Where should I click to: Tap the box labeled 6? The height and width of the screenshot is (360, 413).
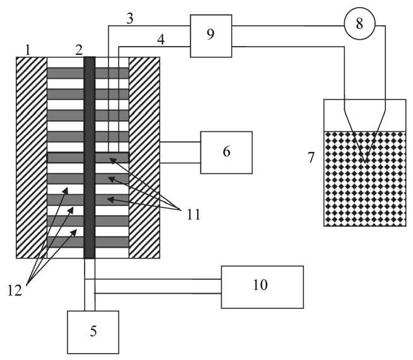(x=226, y=152)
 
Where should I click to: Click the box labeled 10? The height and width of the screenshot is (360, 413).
(x=262, y=286)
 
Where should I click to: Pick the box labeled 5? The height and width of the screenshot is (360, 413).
(x=93, y=332)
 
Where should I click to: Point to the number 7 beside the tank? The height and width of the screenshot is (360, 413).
(x=311, y=158)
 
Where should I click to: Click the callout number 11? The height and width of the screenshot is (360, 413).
(x=193, y=214)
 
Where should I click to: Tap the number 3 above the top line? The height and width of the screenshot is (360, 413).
(x=130, y=18)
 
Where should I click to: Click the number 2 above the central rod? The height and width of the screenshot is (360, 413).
(x=79, y=49)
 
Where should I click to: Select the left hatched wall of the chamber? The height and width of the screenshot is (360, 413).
(x=32, y=158)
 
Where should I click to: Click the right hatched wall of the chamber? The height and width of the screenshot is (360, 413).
(x=144, y=158)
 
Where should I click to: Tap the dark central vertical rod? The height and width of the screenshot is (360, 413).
(x=90, y=158)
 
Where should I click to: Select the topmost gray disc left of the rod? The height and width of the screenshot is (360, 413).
(x=66, y=73)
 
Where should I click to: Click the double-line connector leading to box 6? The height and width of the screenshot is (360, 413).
(x=180, y=153)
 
